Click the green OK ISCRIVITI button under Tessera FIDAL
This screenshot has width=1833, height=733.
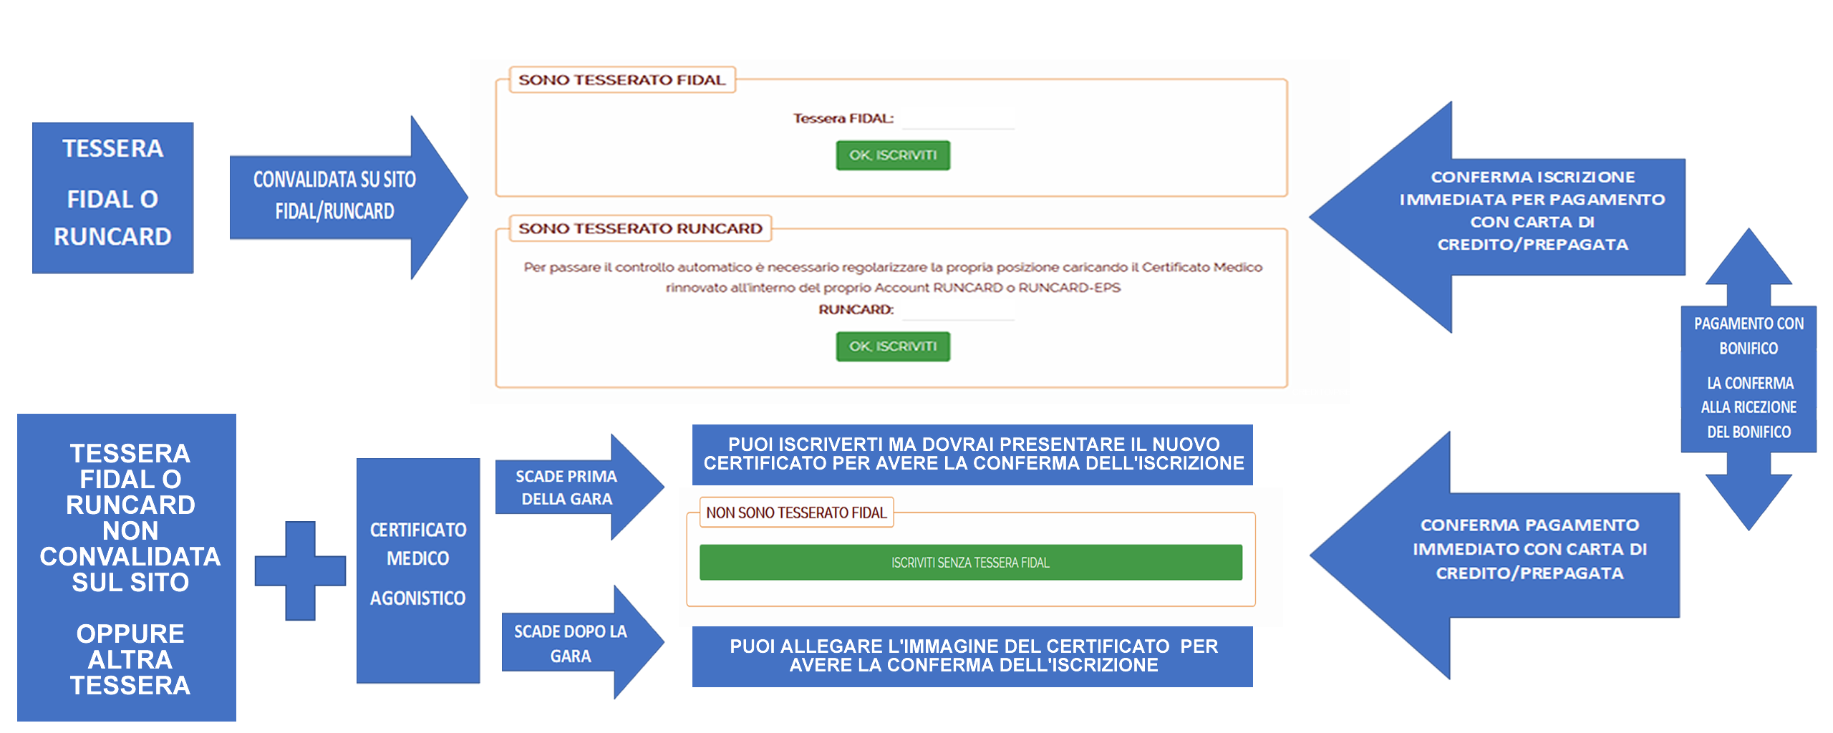(x=892, y=155)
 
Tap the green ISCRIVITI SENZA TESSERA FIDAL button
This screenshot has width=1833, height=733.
(x=970, y=563)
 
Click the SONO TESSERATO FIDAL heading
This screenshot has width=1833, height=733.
(x=622, y=80)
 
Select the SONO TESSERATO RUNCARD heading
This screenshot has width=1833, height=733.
(x=640, y=228)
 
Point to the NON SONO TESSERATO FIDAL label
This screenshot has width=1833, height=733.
(x=795, y=513)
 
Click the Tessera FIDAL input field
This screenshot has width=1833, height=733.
(x=958, y=120)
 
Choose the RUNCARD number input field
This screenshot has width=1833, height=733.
(x=958, y=311)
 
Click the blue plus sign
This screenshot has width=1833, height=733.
(x=300, y=571)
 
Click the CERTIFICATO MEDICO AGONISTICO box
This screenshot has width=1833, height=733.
(x=417, y=570)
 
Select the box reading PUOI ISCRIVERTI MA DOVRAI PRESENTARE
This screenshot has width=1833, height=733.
(x=972, y=454)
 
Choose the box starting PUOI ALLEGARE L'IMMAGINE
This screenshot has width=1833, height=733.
(x=972, y=656)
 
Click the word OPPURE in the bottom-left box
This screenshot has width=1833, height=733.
(x=130, y=634)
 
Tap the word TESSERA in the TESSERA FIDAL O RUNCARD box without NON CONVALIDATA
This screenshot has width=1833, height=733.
(x=112, y=149)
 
